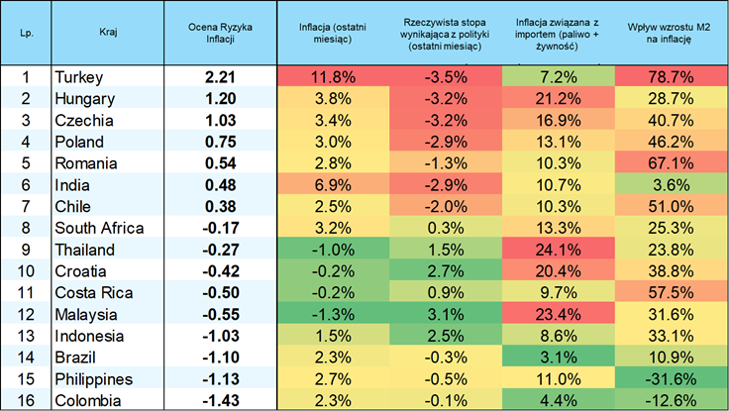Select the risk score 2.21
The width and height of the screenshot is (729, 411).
[220, 76]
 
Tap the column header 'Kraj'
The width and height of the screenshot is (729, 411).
[108, 32]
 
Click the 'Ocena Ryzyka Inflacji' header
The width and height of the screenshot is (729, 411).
[220, 33]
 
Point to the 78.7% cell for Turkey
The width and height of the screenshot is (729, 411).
[671, 76]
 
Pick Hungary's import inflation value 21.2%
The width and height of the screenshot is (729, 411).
[558, 99]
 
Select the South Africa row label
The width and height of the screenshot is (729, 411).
[99, 228]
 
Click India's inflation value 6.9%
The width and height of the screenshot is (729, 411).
[333, 185]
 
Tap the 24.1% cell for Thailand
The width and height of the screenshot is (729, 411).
[558, 250]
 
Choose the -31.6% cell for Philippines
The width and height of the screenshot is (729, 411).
[671, 379]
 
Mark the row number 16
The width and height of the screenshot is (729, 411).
[26, 401]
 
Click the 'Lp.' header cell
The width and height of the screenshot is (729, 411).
[27, 33]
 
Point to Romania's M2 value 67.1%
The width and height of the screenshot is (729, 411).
[671, 163]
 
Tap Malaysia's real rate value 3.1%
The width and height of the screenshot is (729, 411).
[446, 314]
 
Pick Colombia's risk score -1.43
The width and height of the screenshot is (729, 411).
[220, 401]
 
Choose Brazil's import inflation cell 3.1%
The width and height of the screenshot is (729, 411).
[558, 358]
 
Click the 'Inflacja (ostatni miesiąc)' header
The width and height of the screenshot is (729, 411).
[333, 33]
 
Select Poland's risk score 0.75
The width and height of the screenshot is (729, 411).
[220, 142]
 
